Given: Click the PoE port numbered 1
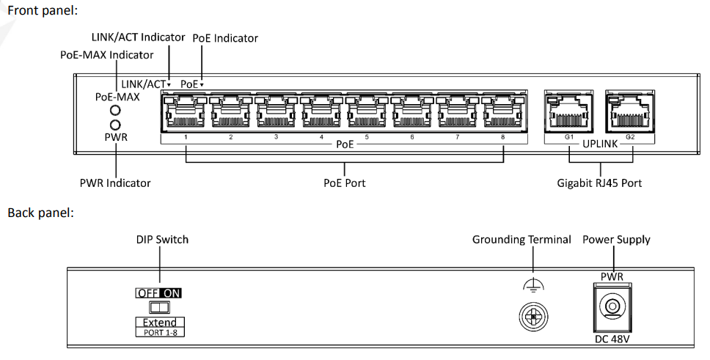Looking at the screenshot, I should (x=186, y=113).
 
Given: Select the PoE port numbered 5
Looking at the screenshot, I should (x=367, y=113).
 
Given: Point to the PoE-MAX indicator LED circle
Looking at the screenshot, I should (x=116, y=111).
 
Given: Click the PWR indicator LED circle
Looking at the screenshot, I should (x=116, y=125).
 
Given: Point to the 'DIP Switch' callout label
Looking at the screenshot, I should (x=162, y=240).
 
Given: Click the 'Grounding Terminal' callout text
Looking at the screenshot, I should (x=521, y=240).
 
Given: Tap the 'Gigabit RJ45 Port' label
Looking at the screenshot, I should (x=599, y=183).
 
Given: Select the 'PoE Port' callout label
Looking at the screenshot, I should (x=344, y=183).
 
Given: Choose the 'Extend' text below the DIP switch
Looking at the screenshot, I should (x=159, y=323).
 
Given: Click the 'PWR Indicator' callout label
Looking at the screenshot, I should (x=115, y=183).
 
